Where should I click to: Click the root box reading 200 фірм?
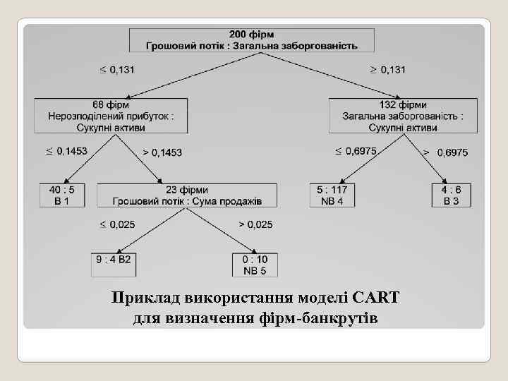252,40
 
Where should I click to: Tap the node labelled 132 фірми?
403,116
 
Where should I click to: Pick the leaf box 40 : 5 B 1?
62,195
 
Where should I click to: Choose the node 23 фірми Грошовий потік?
187,195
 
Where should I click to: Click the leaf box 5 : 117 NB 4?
332,195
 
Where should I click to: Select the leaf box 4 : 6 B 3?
451,195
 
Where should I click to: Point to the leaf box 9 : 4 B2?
113,264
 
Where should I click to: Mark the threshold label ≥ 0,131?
388,70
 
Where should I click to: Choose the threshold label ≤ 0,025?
117,224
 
